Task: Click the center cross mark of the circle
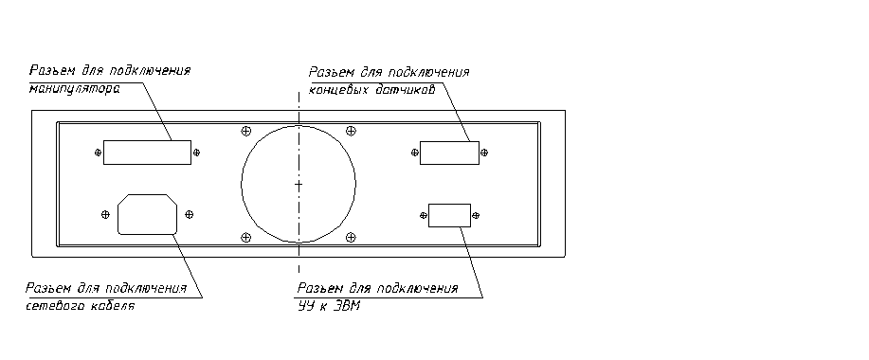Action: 299,185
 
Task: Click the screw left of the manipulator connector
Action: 99,153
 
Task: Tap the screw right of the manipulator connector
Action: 196,153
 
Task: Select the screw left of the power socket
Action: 105,214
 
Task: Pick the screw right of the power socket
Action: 189,214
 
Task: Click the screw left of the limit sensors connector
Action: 414,153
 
